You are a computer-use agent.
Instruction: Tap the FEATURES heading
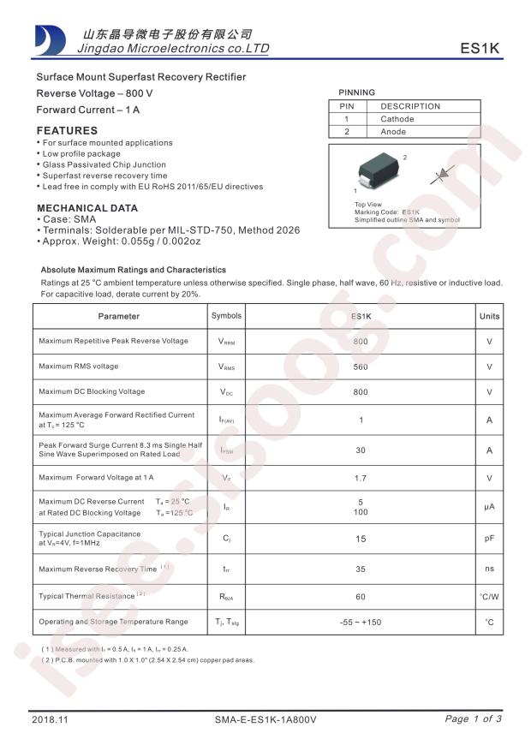click(x=67, y=131)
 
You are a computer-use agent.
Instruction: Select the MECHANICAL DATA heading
click(x=87, y=208)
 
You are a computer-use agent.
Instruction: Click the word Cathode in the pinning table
click(x=397, y=119)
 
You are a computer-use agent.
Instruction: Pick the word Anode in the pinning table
click(x=393, y=132)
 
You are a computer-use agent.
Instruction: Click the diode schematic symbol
click(x=442, y=175)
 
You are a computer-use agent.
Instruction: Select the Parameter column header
click(x=119, y=316)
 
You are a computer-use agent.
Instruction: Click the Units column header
click(x=489, y=316)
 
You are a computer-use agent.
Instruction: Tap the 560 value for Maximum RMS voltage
click(x=361, y=367)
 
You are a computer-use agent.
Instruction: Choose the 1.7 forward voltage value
click(x=361, y=477)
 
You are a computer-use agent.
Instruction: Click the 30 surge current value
click(x=361, y=450)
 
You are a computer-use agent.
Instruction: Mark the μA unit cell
click(x=489, y=507)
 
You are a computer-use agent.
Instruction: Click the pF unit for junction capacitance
click(x=489, y=539)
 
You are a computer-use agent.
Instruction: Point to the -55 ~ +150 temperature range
click(x=361, y=623)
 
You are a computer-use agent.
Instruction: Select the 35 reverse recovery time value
click(x=361, y=568)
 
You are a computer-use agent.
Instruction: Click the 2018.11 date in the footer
click(x=49, y=720)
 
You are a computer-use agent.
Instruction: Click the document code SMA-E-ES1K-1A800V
click(x=265, y=720)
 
